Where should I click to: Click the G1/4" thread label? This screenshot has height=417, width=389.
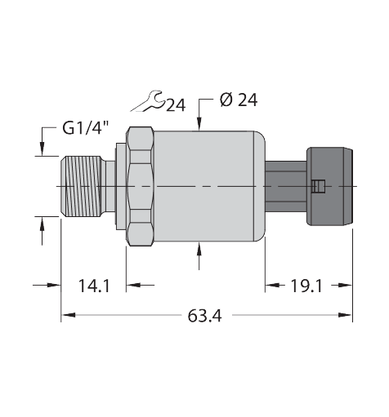point(85,128)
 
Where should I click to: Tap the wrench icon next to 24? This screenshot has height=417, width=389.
point(150,100)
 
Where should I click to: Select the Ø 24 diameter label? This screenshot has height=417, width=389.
point(239,100)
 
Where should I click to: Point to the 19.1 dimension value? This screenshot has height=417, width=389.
point(306,285)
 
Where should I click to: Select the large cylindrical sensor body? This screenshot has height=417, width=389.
point(208,187)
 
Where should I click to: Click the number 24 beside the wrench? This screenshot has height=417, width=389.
point(176,104)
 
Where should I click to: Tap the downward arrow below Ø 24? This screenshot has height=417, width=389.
point(200,123)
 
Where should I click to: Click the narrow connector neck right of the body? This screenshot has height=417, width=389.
point(284,187)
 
